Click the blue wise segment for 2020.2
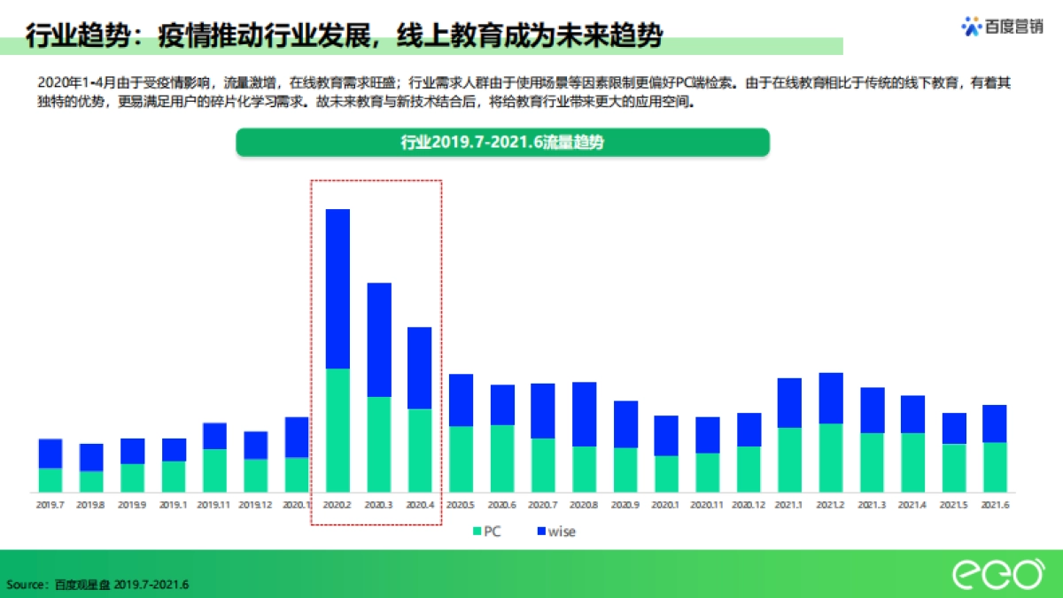338,289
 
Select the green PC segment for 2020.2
338,430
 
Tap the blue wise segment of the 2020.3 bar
379,339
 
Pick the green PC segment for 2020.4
420,450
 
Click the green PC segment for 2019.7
50,479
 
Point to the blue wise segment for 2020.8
584,414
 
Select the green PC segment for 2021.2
831,457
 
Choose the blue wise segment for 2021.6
996,423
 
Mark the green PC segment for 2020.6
502,458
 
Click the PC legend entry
488,532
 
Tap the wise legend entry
555,532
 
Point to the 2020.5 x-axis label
461,505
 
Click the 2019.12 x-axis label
256,505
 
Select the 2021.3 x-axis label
872,505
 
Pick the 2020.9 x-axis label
625,505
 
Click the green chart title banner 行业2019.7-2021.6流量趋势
502,143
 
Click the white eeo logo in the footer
997,574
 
